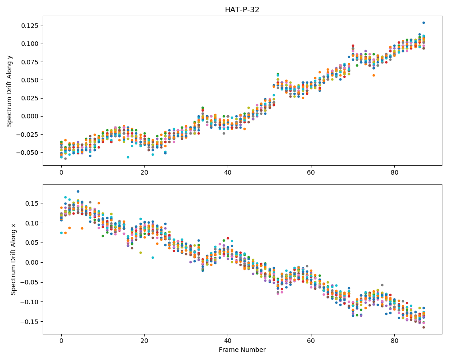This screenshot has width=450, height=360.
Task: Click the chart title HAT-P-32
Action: pyautogui.click(x=242, y=10)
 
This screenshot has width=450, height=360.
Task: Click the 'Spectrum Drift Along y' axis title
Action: pyautogui.click(x=9, y=91)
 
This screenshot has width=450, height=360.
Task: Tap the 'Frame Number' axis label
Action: pyautogui.click(x=242, y=350)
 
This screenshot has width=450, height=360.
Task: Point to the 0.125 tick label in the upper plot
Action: pyautogui.click(x=30, y=26)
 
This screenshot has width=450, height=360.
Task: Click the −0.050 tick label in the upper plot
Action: pyautogui.click(x=27, y=153)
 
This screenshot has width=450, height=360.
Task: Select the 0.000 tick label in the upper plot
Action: pyautogui.click(x=30, y=116)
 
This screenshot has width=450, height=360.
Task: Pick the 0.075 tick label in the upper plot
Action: pyautogui.click(x=30, y=62)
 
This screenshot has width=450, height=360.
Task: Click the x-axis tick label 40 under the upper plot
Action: pyautogui.click(x=228, y=172)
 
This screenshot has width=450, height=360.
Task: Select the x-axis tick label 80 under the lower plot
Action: pyautogui.click(x=394, y=341)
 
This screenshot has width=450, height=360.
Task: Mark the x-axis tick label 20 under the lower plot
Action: pyautogui.click(x=144, y=341)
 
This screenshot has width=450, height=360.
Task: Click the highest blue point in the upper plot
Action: pyautogui.click(x=423, y=22)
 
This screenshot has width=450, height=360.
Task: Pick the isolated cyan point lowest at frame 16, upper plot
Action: pyautogui.click(x=128, y=157)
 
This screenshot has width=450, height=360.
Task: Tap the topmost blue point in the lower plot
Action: pyautogui.click(x=78, y=192)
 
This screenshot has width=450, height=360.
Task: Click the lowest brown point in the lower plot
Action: pyautogui.click(x=423, y=327)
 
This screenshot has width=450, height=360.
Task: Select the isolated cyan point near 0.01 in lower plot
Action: pyautogui.click(x=153, y=257)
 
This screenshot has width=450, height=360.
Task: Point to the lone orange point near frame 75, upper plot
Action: pyautogui.click(x=373, y=75)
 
